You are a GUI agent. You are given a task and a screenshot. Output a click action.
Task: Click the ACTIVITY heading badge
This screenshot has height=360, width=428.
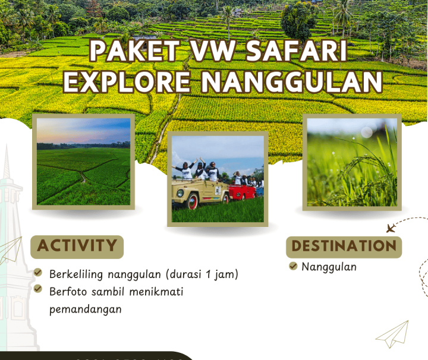(x=77, y=246)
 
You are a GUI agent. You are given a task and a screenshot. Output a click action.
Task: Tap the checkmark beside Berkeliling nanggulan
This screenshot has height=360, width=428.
(x=38, y=274)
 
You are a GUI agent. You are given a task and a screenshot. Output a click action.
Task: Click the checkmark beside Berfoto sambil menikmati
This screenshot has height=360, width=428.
(x=38, y=289)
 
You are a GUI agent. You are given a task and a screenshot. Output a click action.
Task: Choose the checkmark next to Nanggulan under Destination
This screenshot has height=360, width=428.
(x=293, y=266)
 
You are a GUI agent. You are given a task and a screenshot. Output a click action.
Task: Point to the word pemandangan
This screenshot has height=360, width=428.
(x=86, y=309)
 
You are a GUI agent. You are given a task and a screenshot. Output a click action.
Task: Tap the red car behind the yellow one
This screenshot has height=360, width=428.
(x=243, y=191)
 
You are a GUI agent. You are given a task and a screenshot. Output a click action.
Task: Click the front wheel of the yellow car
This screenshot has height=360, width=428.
(x=192, y=202)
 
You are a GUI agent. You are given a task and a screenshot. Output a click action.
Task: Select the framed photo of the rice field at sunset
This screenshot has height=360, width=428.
(x=83, y=162)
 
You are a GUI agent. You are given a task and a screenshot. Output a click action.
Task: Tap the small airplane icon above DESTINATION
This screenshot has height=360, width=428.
(x=391, y=228)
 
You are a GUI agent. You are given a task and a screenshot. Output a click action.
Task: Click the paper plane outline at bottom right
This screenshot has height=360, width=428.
(x=393, y=334)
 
